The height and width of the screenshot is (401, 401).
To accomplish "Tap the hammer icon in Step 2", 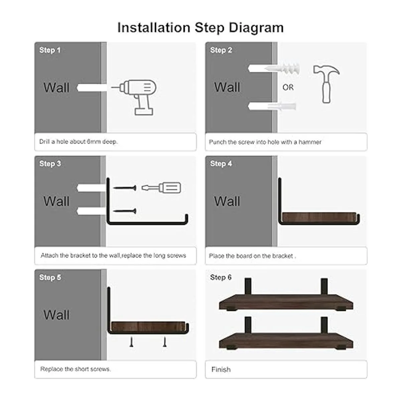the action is click(326, 84).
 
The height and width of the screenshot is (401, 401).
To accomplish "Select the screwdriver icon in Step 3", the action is click(161, 188).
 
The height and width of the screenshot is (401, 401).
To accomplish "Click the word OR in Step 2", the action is click(288, 88).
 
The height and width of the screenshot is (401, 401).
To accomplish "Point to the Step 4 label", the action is click(221, 163).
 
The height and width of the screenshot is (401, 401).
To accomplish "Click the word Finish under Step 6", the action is click(221, 369).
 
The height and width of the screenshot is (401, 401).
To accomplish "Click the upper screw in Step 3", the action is click(125, 188).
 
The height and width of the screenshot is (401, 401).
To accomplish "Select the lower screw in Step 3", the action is click(125, 211).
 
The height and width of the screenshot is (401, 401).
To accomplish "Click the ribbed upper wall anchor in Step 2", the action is click(282, 69).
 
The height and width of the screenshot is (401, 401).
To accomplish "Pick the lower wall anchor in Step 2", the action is click(281, 106).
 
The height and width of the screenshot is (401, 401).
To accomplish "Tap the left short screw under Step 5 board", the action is click(131, 342).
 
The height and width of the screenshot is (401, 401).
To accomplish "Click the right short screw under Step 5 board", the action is click(165, 342).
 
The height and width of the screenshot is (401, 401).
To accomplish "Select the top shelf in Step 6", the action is click(286, 302).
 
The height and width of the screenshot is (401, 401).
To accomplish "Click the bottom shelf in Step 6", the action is click(286, 341).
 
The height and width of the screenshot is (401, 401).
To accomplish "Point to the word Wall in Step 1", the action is click(56, 88).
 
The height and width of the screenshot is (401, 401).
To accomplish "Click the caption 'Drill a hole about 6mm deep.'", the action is click(79, 142).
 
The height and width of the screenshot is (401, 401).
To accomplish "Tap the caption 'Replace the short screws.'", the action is click(75, 369).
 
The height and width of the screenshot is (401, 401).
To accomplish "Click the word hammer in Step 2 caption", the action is click(310, 142).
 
